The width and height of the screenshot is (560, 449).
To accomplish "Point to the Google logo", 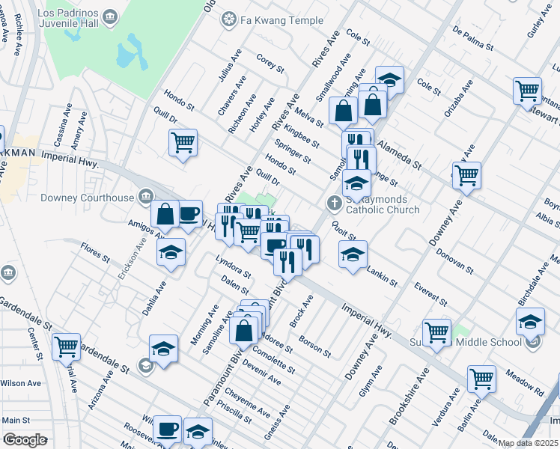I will point(25,440).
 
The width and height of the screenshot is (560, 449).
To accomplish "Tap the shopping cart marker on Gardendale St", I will point(67,346).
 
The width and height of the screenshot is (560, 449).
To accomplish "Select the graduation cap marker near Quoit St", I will point(353,254).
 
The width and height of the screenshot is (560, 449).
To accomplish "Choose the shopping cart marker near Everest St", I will point(436,331).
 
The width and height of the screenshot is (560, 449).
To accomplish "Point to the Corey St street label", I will point(270,63).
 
